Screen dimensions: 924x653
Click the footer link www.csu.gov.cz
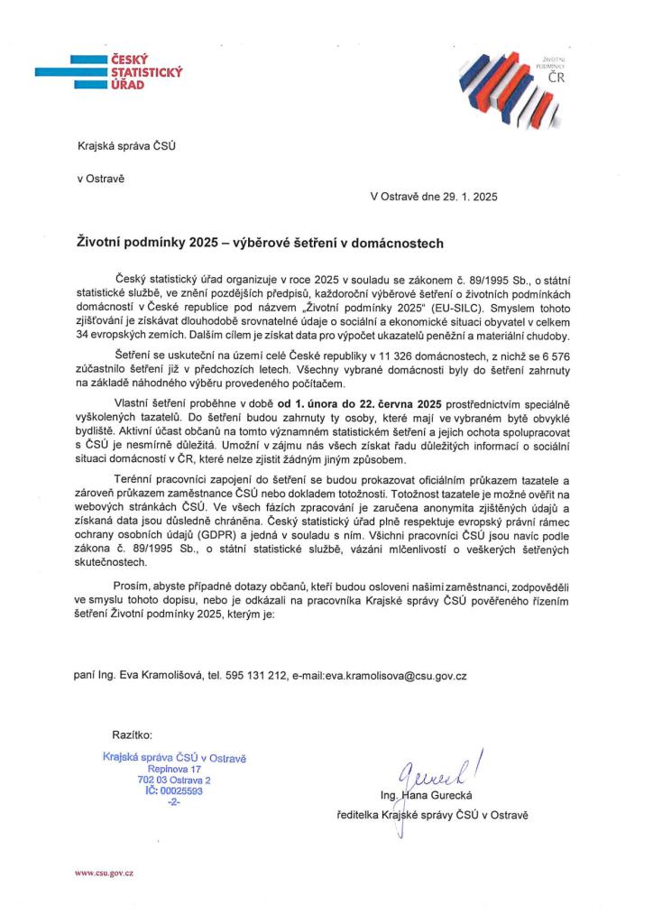(x=104, y=874)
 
